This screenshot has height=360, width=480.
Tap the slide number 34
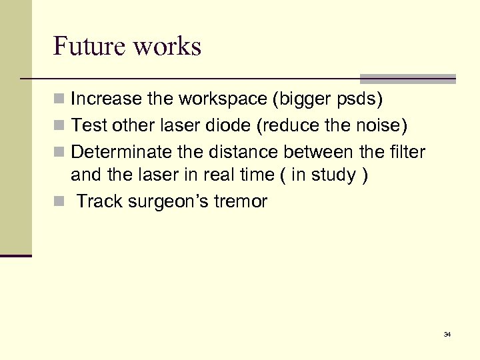point(447,334)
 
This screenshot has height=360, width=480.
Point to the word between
point(319,151)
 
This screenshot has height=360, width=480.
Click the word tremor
point(241,201)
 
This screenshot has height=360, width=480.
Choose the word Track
point(99,201)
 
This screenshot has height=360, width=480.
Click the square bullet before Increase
point(60,100)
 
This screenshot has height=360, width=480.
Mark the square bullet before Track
point(60,201)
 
